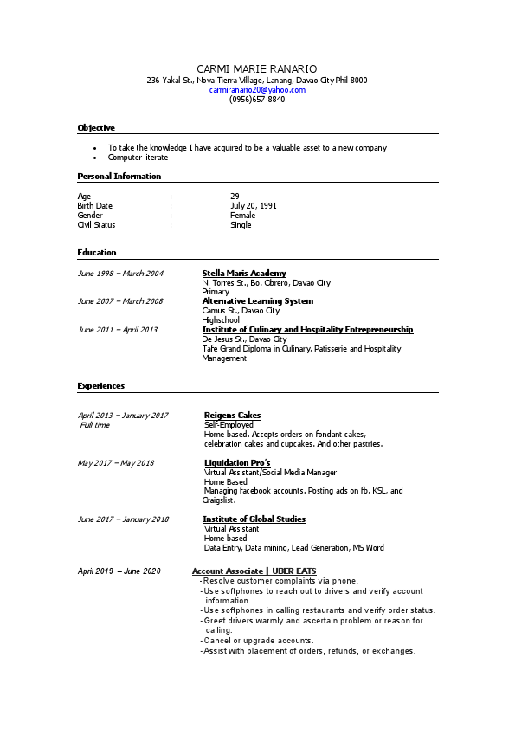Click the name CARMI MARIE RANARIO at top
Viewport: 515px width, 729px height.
(x=257, y=68)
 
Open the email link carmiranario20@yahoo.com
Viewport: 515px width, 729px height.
(x=257, y=90)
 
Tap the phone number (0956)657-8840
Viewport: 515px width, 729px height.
(x=257, y=100)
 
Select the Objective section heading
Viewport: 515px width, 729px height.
(x=96, y=128)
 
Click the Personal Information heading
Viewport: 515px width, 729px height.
(x=119, y=177)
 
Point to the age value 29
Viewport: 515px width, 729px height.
(x=235, y=197)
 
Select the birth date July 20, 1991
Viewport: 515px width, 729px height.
(x=254, y=206)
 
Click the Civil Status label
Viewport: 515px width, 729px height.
(x=96, y=225)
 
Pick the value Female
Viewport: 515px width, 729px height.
(x=242, y=216)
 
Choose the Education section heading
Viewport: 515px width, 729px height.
(x=97, y=253)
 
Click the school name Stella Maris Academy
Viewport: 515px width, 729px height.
(x=244, y=274)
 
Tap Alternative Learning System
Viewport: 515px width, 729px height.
(x=257, y=301)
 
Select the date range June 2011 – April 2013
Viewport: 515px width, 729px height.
(x=118, y=330)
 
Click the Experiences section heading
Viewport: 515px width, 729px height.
(x=100, y=386)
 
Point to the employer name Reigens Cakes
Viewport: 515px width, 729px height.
(x=232, y=416)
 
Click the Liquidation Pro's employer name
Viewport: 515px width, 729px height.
(x=237, y=463)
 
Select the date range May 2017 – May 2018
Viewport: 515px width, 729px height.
(x=116, y=463)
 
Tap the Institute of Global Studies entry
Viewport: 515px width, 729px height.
(x=254, y=519)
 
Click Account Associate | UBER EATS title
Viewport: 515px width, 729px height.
(x=254, y=571)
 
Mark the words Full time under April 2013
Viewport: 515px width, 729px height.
(x=95, y=425)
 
